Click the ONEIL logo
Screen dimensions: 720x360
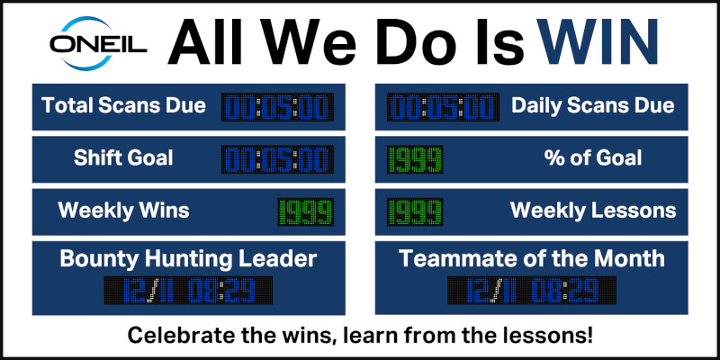click(x=98, y=43)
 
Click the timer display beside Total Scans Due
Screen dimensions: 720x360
click(x=277, y=107)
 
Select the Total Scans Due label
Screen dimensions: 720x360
click(x=123, y=105)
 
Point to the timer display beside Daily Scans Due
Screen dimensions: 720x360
click(x=443, y=107)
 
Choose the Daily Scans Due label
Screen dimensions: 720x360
click(x=593, y=106)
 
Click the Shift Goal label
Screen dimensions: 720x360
click(x=123, y=158)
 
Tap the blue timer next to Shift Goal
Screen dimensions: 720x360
click(x=277, y=159)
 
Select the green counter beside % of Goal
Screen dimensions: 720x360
click(x=415, y=159)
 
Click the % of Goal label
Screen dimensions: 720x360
click(x=593, y=158)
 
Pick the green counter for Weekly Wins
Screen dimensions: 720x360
click(x=306, y=212)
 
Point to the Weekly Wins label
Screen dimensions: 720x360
click(x=123, y=211)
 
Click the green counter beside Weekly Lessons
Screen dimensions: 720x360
click(x=415, y=212)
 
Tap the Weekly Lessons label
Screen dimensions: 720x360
click(x=593, y=211)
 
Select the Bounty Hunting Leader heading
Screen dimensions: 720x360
click(x=188, y=259)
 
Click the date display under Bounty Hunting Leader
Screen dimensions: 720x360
click(x=188, y=290)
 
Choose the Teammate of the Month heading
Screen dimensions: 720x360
click(x=532, y=259)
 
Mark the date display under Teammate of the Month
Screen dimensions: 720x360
click(x=532, y=290)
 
